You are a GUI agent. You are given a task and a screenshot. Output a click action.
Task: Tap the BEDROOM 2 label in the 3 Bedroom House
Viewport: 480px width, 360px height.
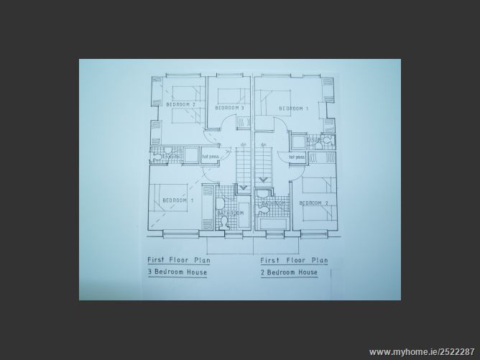pos(180,105)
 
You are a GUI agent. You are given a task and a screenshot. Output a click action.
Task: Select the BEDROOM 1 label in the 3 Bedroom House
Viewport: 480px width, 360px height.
pos(177,200)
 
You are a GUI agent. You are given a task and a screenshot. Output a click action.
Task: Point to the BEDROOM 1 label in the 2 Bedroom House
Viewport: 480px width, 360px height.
pos(293,109)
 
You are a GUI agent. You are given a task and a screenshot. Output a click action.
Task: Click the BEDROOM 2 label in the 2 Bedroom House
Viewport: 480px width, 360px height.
pos(314,203)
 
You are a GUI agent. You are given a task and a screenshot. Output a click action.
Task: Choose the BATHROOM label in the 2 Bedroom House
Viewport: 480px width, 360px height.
pos(274,203)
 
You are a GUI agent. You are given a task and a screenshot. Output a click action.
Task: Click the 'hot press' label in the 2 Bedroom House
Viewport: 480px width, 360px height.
pos(297,156)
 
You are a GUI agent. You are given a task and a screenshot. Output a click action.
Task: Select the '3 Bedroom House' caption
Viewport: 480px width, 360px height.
pos(177,273)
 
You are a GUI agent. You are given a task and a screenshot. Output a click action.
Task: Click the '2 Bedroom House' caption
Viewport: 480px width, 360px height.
pos(289,273)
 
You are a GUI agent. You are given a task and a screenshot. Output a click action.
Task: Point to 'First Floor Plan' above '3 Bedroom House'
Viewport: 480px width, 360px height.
pos(179,260)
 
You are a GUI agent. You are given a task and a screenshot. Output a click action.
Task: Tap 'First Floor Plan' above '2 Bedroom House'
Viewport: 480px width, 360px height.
pos(294,260)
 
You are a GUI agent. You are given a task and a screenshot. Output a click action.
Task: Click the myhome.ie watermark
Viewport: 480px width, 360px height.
pos(423,352)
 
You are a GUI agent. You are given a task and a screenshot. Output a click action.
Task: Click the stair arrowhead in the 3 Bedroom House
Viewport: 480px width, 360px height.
pos(242,189)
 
